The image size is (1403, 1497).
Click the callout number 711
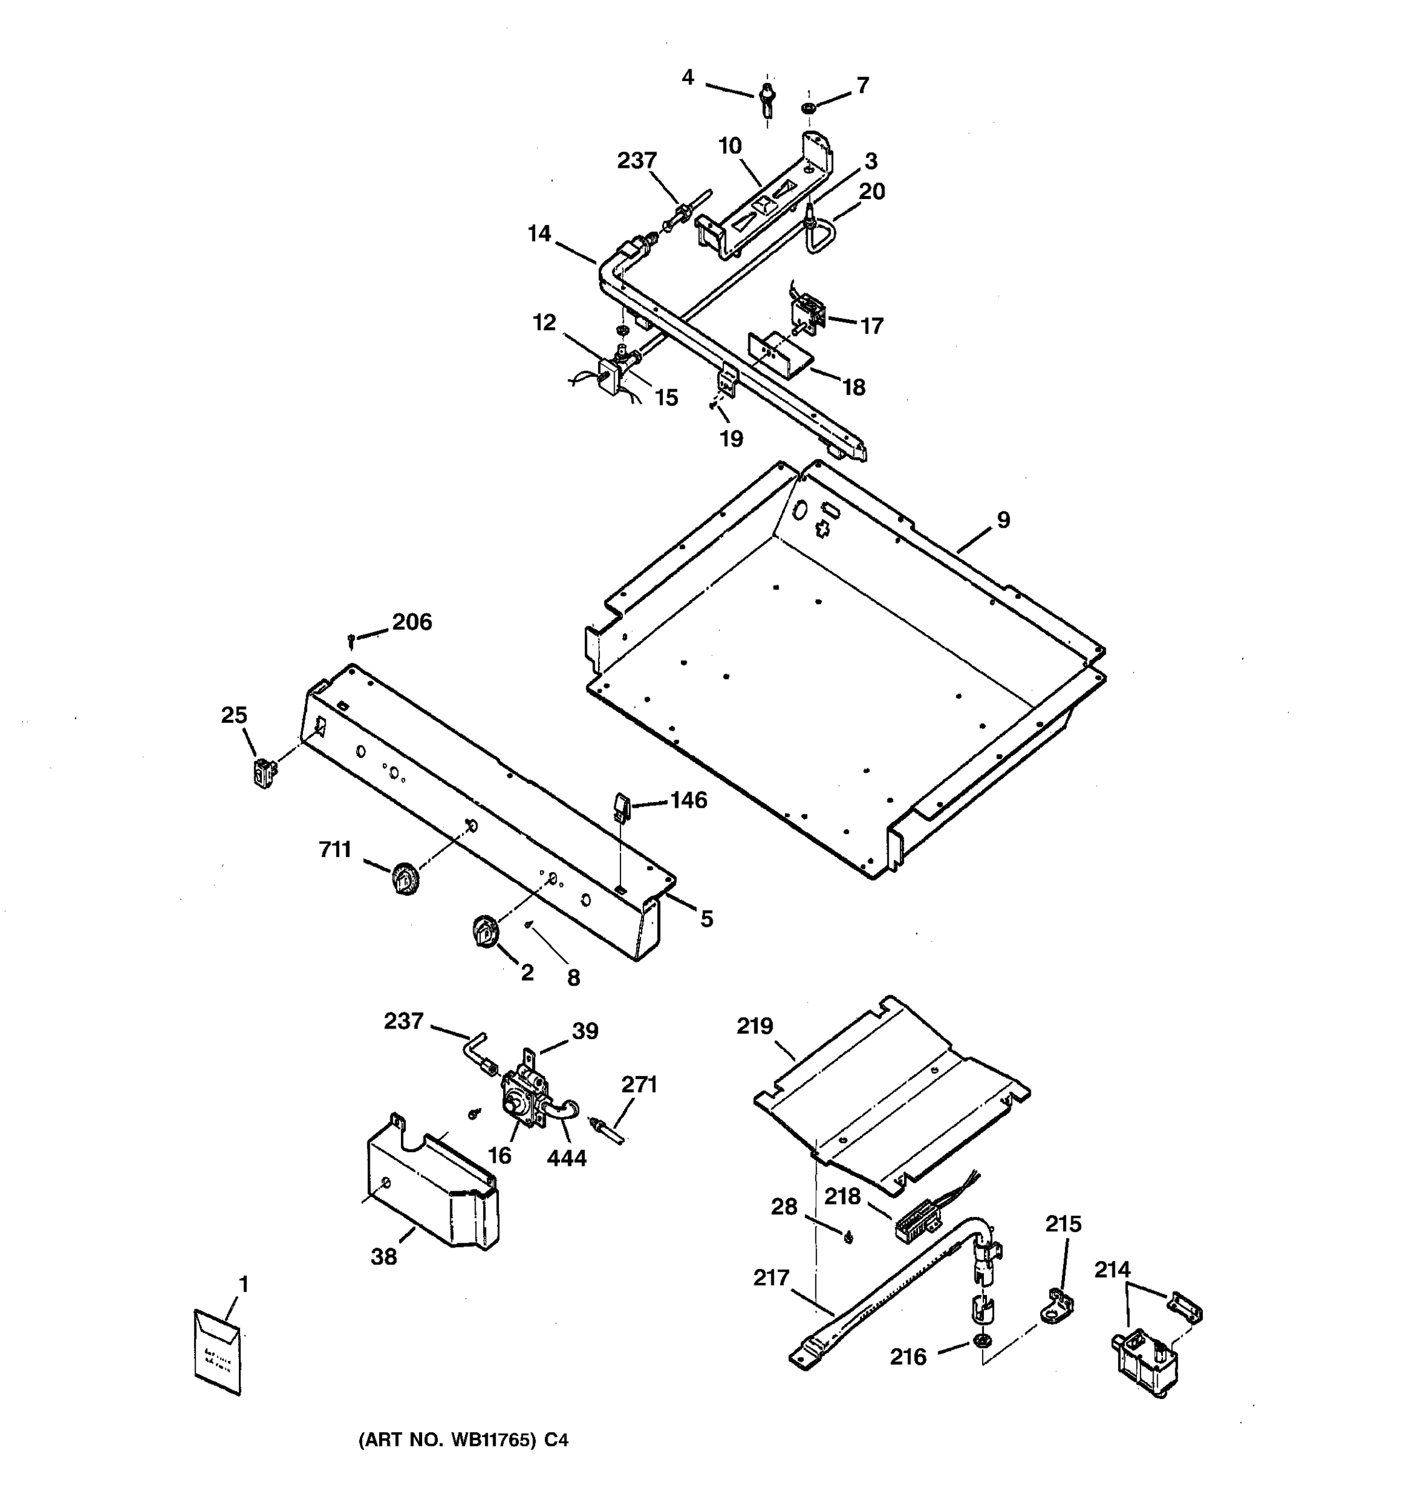pos(335,850)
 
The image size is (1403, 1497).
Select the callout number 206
pos(412,621)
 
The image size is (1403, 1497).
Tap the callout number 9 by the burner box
pos(1003,519)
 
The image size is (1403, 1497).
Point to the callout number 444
pos(566,1158)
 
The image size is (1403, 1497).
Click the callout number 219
pos(755,1025)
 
